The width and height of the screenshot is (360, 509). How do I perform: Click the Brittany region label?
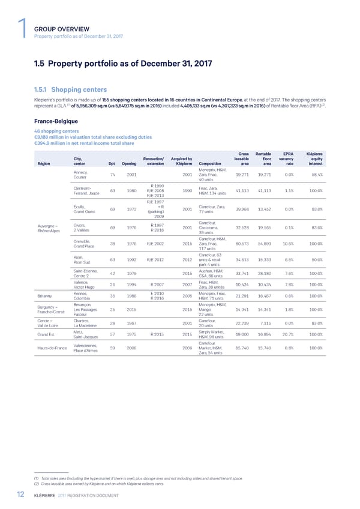(44, 295)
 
